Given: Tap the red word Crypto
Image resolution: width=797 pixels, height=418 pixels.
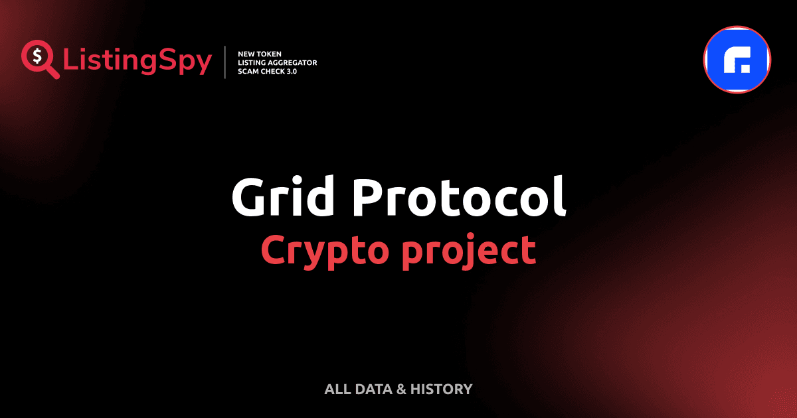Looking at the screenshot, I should pos(320,250).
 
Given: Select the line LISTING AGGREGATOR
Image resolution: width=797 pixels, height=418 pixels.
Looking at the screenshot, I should pos(277,62).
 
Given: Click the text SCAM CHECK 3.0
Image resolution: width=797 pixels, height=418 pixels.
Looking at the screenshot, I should pos(267,72).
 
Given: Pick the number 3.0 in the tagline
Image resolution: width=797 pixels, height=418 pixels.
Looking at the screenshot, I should pos(290,72).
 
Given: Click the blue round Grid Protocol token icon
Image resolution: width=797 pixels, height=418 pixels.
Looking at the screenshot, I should pos(737,60).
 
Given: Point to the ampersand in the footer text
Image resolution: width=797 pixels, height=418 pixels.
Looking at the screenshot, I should pos(400,389).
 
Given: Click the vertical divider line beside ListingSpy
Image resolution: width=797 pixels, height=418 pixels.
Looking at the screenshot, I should pos(226,62).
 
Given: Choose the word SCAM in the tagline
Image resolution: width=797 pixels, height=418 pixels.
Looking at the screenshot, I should pos(247,72).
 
